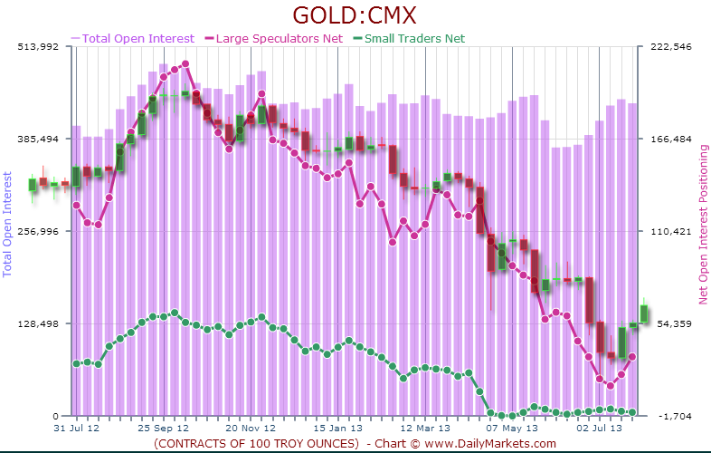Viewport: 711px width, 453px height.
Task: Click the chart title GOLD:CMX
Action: (355, 17)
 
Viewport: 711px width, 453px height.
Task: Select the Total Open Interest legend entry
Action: (138, 38)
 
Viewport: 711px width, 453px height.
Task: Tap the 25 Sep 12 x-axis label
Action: (163, 428)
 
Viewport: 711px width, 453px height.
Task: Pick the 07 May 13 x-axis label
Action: (512, 428)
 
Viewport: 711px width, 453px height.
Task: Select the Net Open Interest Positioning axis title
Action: (701, 224)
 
